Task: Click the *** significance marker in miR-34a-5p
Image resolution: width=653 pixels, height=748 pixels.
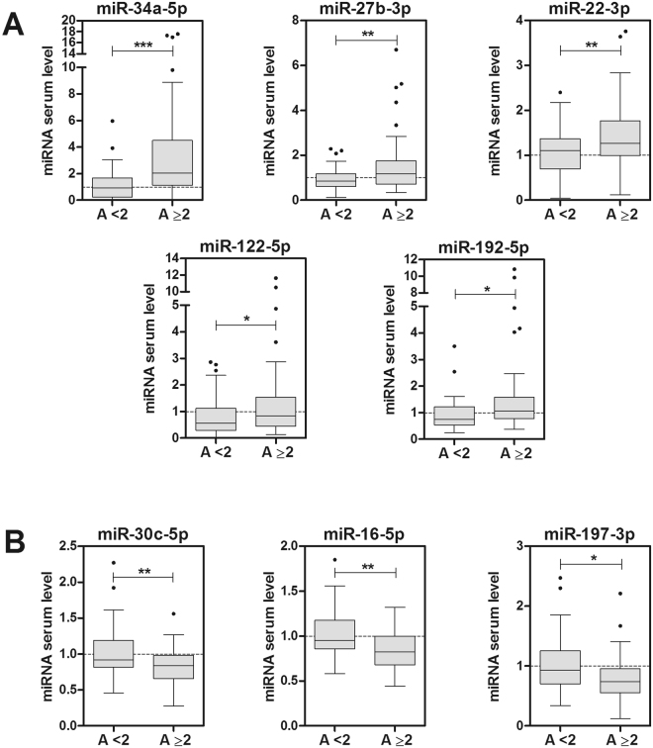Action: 142,45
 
